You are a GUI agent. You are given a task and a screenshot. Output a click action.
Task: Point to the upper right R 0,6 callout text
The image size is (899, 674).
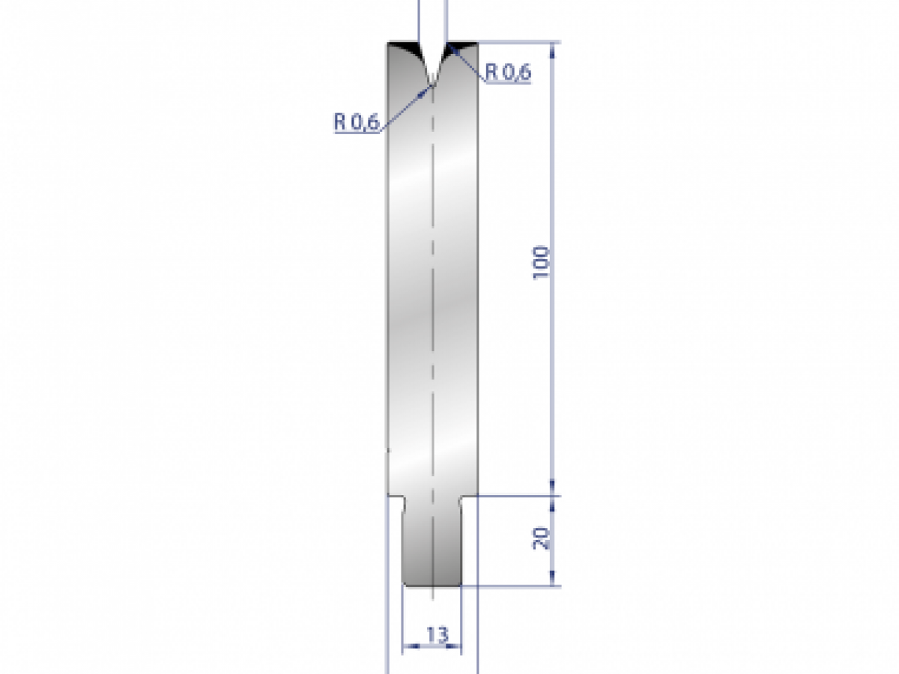pos(508,72)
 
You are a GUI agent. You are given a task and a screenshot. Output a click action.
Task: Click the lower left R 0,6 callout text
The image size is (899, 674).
pos(357,122)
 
